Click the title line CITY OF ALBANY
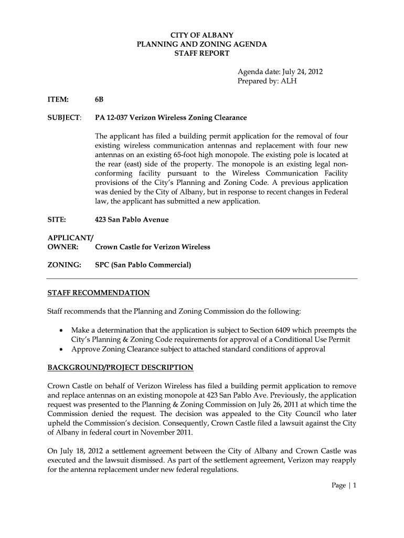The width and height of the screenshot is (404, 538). [201, 35]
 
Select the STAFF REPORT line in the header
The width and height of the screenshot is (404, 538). [201, 54]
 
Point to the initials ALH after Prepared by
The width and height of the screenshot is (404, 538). [289, 81]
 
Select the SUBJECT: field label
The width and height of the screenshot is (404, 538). [64, 117]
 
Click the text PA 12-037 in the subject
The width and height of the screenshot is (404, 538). [111, 117]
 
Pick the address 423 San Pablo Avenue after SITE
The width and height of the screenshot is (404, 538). [132, 220]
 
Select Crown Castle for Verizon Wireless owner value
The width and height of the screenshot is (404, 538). [152, 247]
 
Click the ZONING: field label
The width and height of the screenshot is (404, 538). [64, 265]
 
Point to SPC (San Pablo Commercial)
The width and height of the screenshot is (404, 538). [143, 265]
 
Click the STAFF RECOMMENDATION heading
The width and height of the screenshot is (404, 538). [99, 293]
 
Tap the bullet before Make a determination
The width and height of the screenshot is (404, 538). [62, 331]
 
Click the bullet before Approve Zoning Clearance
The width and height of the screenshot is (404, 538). [62, 349]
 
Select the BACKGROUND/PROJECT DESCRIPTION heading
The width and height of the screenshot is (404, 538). [120, 367]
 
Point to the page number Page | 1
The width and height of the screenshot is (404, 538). [344, 485]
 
